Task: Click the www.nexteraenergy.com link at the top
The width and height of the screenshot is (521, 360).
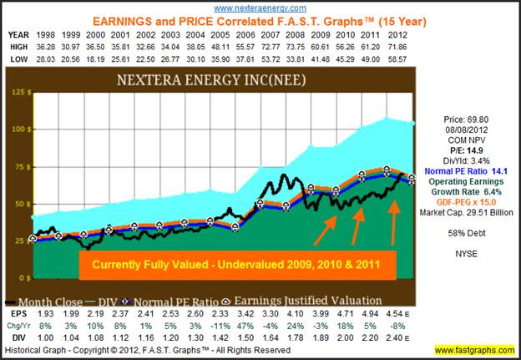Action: click(x=259, y=7)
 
